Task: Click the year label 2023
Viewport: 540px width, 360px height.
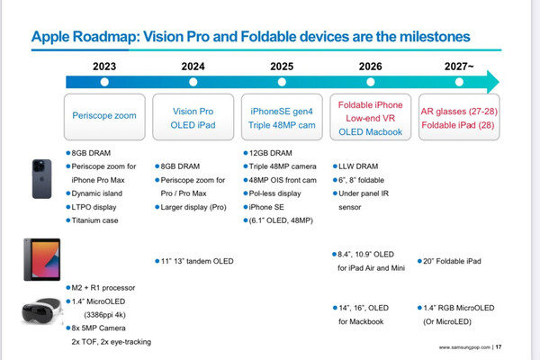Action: tap(104, 65)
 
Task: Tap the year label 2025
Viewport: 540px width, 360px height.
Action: tap(281, 65)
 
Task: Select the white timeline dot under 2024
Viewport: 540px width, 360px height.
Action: tap(193, 81)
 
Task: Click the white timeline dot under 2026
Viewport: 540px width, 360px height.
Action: tap(370, 81)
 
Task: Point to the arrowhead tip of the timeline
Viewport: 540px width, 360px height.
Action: tap(498, 82)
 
